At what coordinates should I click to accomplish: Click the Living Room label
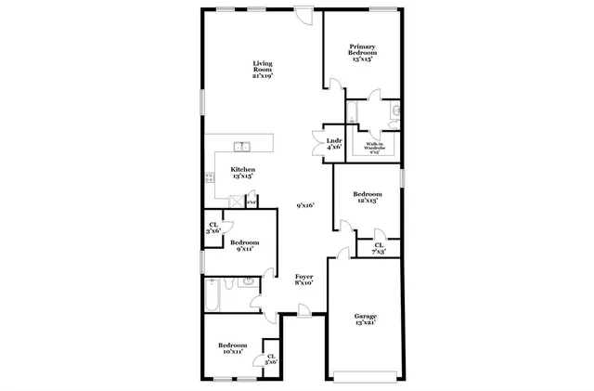click(x=262, y=70)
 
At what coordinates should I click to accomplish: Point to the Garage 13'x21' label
click(x=365, y=319)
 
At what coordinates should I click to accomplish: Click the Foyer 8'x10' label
click(x=303, y=280)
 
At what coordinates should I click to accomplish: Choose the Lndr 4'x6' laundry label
click(x=334, y=143)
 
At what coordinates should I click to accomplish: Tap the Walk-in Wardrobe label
click(x=375, y=147)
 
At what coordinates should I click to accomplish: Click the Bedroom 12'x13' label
click(x=367, y=196)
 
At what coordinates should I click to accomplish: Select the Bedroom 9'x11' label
click(x=244, y=245)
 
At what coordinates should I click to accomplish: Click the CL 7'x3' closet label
click(x=379, y=248)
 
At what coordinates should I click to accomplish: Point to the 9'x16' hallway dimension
click(x=306, y=205)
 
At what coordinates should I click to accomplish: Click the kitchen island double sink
click(x=242, y=147)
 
